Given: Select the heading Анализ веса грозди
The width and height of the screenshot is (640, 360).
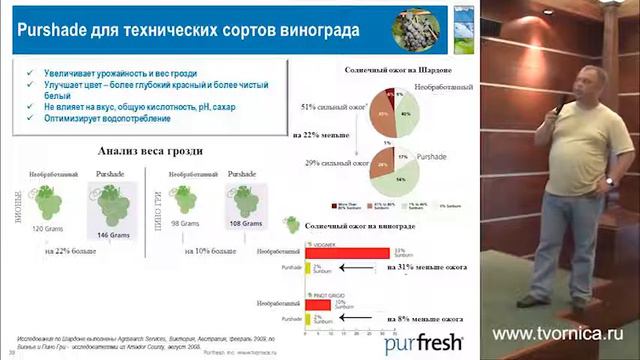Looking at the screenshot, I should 150,151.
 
